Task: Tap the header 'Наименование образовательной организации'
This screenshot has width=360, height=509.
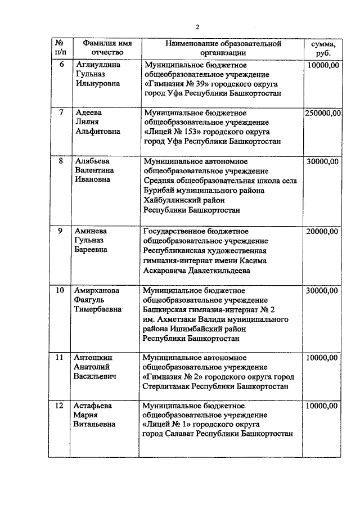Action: pos(223,48)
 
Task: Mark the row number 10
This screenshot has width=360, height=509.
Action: pos(59,291)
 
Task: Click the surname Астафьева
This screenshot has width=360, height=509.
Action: pos(94,405)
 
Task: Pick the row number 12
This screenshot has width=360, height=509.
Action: pos(59,405)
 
